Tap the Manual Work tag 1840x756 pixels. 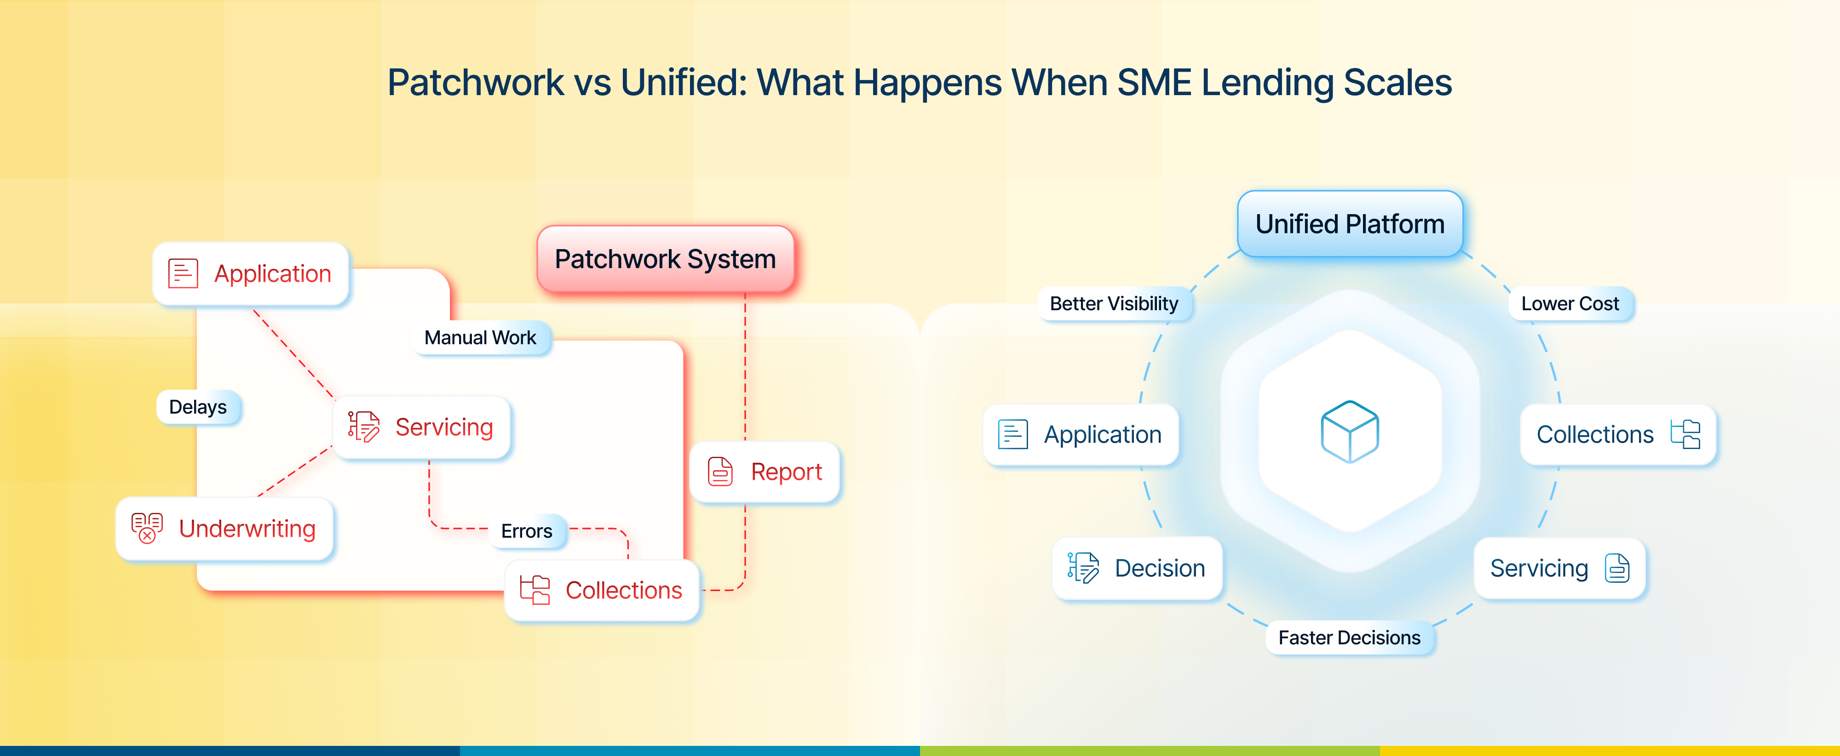click(480, 338)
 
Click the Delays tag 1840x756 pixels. click(198, 407)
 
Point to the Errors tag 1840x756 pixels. click(526, 531)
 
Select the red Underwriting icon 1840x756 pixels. click(147, 528)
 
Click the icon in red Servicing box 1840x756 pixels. click(363, 427)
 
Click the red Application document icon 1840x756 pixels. click(183, 273)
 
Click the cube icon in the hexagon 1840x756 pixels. click(1349, 432)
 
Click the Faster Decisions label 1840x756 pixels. click(1349, 637)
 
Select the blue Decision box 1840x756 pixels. click(1137, 568)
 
